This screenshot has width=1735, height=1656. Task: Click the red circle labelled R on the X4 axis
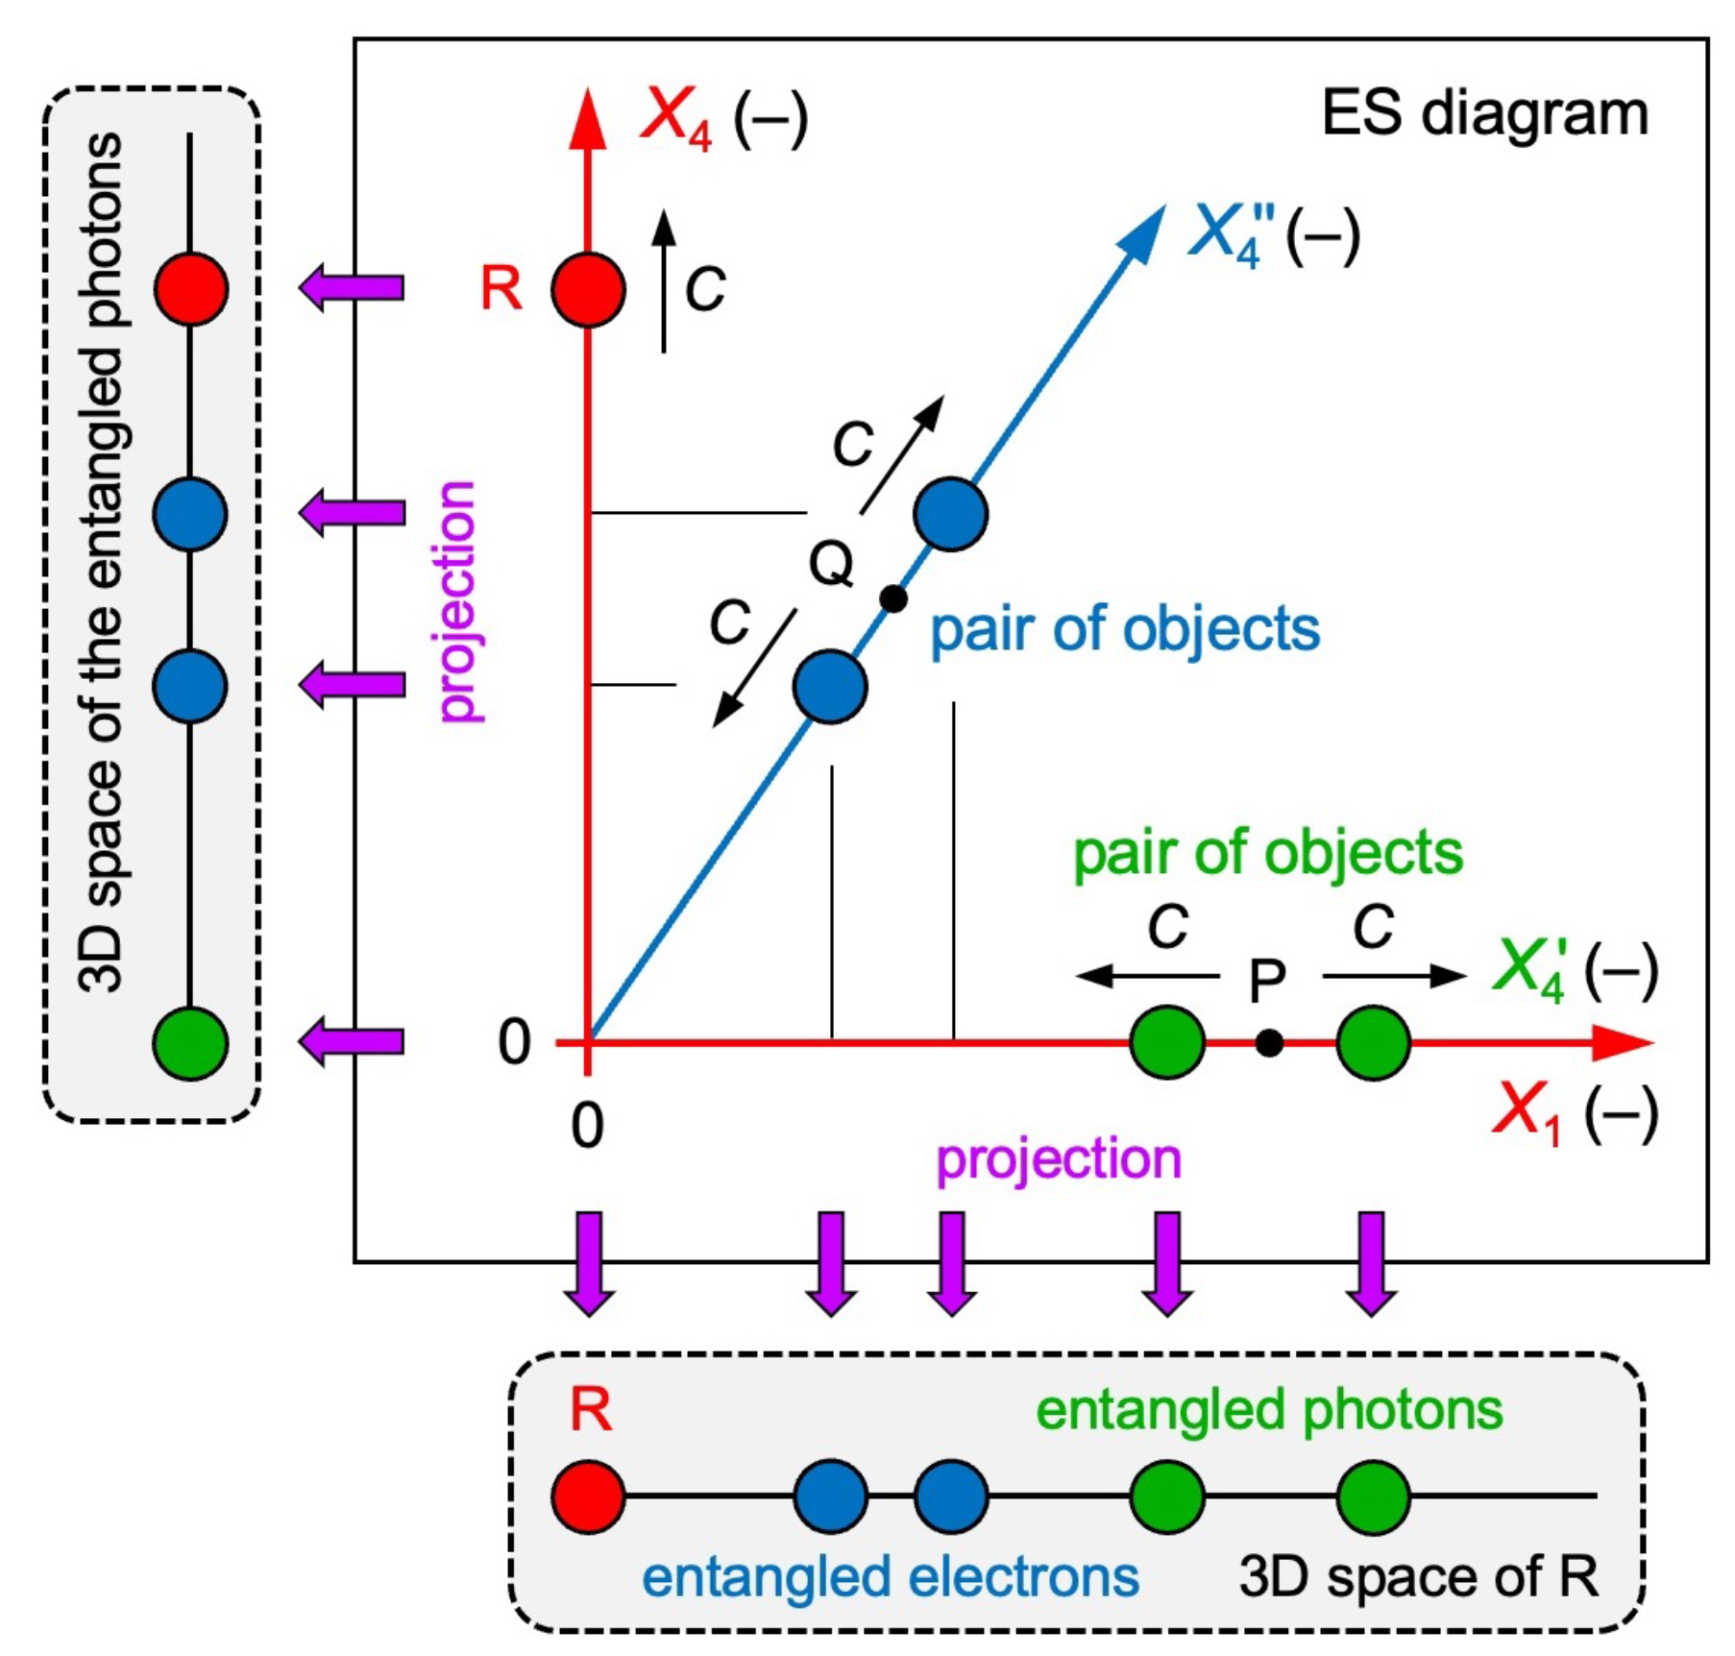click(x=588, y=290)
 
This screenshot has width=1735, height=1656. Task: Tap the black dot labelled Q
click(x=893, y=598)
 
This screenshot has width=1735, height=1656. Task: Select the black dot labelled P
click(x=1269, y=1042)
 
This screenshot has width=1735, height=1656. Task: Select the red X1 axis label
click(x=1527, y=1114)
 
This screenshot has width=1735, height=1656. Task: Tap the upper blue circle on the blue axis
click(x=951, y=514)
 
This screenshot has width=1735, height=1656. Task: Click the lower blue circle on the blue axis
click(x=831, y=686)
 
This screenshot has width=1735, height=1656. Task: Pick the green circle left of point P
click(x=1167, y=1042)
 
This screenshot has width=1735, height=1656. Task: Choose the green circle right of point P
click(x=1373, y=1042)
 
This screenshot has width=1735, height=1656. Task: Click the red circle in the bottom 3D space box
click(x=588, y=1496)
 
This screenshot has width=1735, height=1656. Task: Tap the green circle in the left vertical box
click(x=191, y=1043)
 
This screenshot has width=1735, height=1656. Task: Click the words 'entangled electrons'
click(x=890, y=1576)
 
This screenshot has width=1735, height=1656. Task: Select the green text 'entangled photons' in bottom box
click(x=1269, y=1410)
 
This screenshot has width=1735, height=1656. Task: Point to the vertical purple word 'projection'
click(x=457, y=600)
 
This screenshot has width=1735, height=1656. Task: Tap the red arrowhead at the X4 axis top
click(x=587, y=120)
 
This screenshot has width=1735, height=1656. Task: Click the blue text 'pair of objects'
click(x=1125, y=630)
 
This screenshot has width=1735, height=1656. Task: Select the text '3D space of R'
click(x=1418, y=1576)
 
